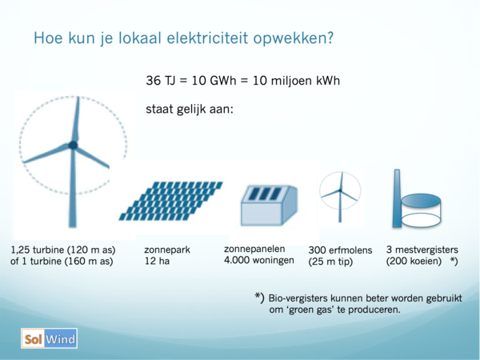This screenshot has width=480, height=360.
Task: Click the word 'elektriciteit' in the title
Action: click(x=207, y=38)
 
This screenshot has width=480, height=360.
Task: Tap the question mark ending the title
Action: click(x=330, y=38)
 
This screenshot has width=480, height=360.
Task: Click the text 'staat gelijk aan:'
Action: click(x=190, y=110)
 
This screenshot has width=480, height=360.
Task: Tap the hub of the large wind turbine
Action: click(x=73, y=145)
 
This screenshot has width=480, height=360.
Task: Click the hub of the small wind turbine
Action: click(x=340, y=190)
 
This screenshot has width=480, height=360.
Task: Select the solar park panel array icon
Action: click(x=171, y=201)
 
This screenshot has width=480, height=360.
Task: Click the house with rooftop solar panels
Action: click(x=269, y=206)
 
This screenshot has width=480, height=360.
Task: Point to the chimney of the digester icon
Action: click(x=397, y=198)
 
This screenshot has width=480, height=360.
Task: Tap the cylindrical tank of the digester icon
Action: click(x=421, y=210)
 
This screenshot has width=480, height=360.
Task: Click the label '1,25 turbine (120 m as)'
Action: click(x=63, y=250)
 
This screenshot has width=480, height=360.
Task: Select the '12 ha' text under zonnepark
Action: click(x=157, y=261)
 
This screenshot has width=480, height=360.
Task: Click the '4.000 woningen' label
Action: click(x=259, y=261)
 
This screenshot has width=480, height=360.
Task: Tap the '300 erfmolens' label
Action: click(x=340, y=250)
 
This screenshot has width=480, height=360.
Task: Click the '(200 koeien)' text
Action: click(x=414, y=262)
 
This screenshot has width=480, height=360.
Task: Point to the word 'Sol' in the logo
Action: click(x=33, y=339)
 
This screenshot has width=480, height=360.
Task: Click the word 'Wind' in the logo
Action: click(x=60, y=339)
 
